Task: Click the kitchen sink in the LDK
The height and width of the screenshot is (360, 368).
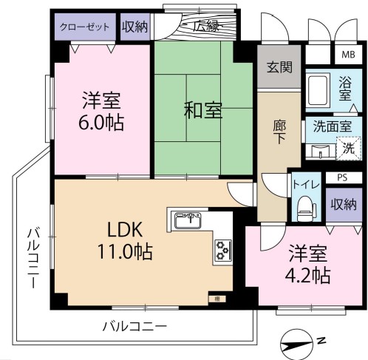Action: [x=188, y=220]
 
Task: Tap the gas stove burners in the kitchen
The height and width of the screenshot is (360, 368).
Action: [x=223, y=251]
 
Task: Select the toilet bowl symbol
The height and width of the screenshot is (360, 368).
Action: [x=306, y=208]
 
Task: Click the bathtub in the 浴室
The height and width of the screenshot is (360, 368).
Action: [x=318, y=90]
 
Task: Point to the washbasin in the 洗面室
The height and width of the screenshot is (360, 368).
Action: [x=320, y=151]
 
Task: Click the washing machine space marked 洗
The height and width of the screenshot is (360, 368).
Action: [x=349, y=149]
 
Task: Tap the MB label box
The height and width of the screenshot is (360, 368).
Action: [x=348, y=55]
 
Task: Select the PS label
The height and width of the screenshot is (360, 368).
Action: [x=342, y=177]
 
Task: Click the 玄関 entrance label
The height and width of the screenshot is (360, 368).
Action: [x=279, y=67]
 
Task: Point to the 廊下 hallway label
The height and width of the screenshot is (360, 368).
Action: [x=279, y=132]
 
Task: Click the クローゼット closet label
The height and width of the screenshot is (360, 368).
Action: [x=84, y=27]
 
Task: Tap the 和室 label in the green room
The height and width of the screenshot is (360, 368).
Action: [x=203, y=110]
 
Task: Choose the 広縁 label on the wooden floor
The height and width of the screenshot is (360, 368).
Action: [x=206, y=27]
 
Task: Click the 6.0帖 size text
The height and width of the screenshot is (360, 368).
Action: [x=101, y=123]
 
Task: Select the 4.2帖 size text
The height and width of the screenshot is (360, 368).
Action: [x=307, y=275]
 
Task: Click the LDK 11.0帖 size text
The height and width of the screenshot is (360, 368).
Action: [x=125, y=251]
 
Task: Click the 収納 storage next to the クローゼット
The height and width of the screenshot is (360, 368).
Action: [x=135, y=27]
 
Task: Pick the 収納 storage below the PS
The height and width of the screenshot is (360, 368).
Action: [x=344, y=205]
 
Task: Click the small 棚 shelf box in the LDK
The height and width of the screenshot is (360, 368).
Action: [x=217, y=299]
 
